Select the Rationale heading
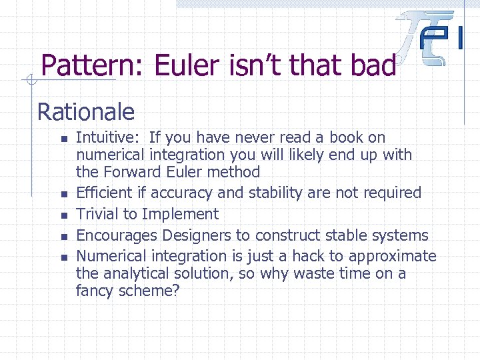click(85, 111)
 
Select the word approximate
click(397, 257)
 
